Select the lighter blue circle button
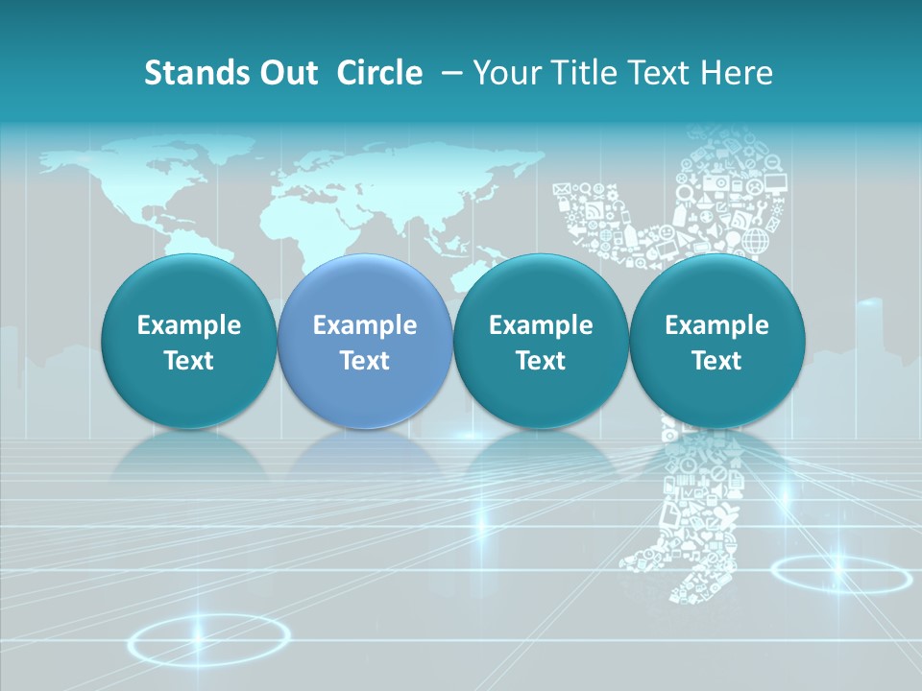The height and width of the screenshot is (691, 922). coord(365,342)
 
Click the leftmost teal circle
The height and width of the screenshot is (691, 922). coord(188,342)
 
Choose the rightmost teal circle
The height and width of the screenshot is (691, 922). coord(716,342)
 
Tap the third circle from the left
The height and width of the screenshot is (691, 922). coord(541,342)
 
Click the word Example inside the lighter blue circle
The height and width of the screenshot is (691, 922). coord(365,325)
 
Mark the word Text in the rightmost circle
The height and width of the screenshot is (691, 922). coord(716,361)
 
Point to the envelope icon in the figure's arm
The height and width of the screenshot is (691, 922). coord(563,189)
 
